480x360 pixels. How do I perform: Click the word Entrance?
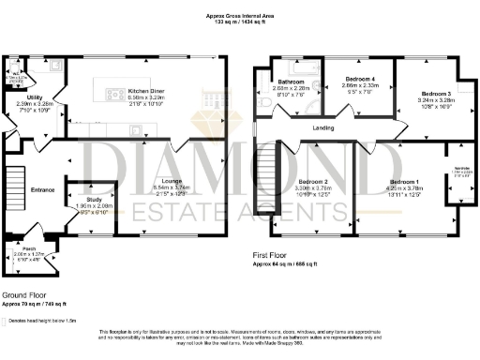coord(43,190)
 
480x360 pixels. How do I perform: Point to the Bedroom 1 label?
coord(404,180)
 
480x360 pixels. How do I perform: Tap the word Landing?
coord(324,128)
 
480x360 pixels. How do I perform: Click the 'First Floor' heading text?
coord(271,255)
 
